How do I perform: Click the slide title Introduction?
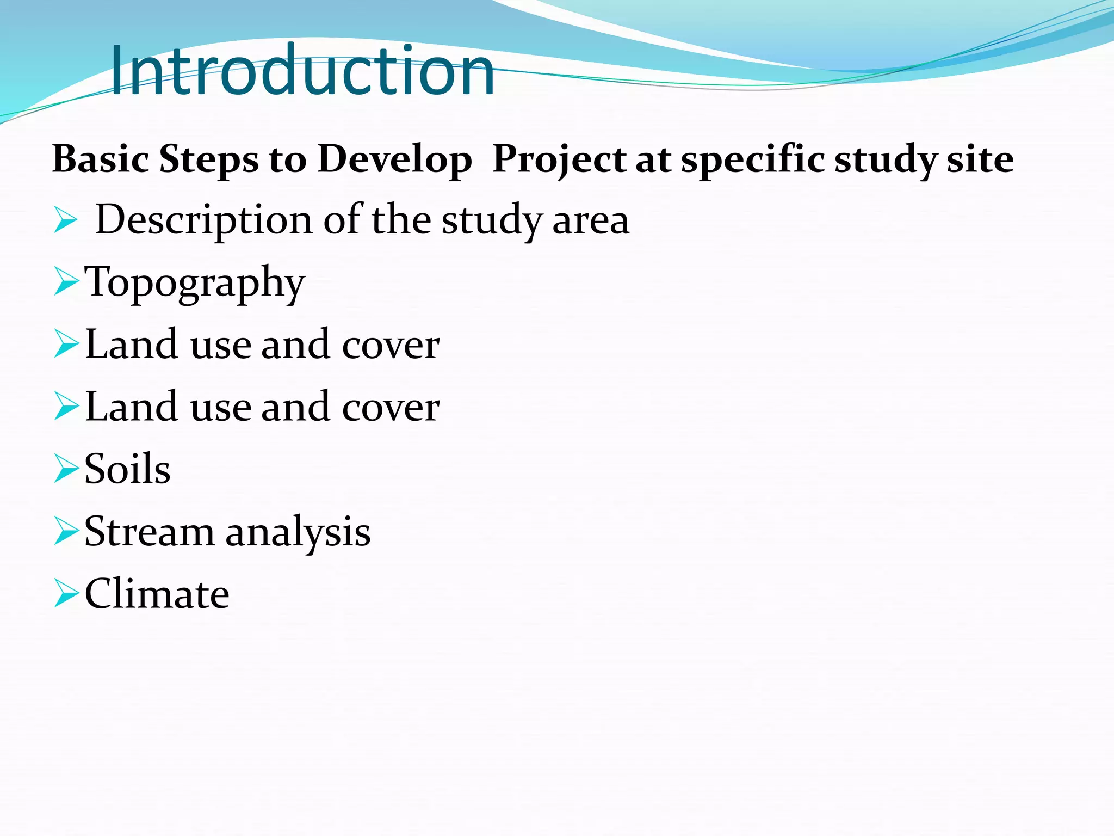click(x=302, y=71)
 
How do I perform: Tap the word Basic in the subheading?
click(x=101, y=159)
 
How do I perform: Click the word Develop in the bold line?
click(x=394, y=161)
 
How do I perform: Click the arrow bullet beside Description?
click(x=66, y=221)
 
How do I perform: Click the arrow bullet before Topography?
click(x=66, y=284)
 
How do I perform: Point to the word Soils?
click(x=127, y=469)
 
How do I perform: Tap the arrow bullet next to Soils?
click(x=66, y=470)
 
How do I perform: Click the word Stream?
click(x=149, y=531)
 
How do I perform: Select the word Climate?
click(x=157, y=594)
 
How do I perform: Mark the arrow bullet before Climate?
click(x=66, y=594)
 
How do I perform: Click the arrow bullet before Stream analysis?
click(x=66, y=532)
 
